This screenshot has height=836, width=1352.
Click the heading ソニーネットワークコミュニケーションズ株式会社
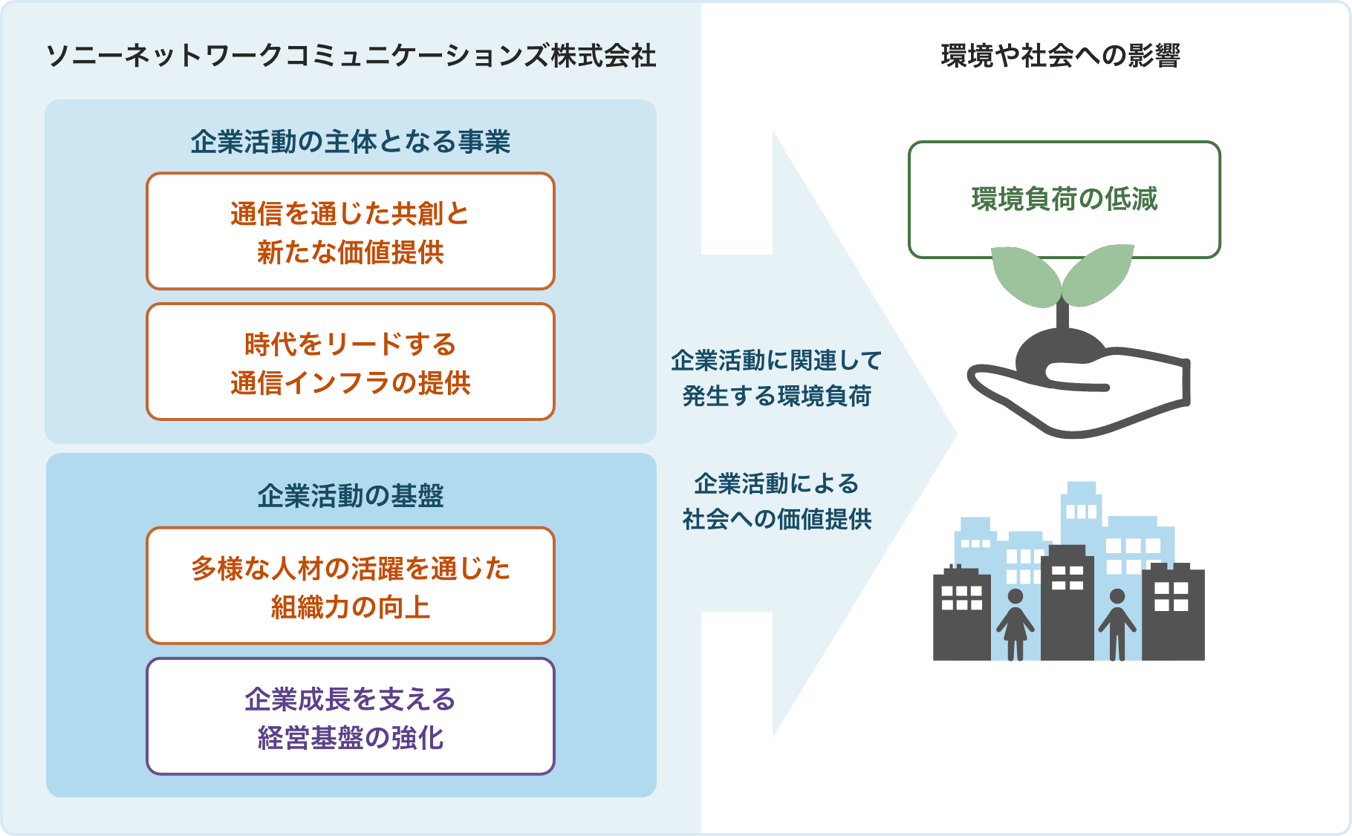[351, 56]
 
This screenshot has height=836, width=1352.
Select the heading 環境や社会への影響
[1060, 56]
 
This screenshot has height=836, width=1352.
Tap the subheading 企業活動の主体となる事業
[351, 141]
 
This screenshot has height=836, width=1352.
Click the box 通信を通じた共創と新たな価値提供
[351, 231]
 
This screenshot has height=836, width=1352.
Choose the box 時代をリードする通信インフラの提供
[351, 362]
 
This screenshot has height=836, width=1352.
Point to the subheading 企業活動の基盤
[351, 495]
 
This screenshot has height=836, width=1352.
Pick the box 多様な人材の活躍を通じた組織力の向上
[351, 586]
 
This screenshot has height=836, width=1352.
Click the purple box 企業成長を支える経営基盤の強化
[351, 716]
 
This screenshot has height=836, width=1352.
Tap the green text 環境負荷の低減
[1065, 199]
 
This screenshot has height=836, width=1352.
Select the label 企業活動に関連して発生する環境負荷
[776, 378]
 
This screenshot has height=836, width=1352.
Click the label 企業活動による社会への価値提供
[776, 501]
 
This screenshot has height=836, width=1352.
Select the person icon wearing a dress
[1015, 624]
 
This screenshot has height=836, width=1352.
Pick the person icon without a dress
[1117, 624]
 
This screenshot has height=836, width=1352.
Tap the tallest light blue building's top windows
[1081, 512]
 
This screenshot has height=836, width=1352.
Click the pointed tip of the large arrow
[957, 435]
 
